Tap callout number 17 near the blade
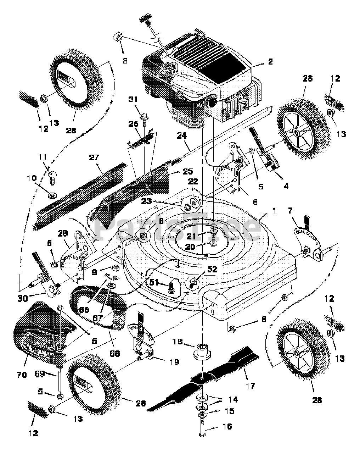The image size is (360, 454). (x=250, y=386)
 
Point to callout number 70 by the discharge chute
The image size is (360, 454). (x=22, y=375)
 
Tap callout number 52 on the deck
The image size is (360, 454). (x=203, y=269)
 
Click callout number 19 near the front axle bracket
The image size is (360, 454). (x=174, y=362)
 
